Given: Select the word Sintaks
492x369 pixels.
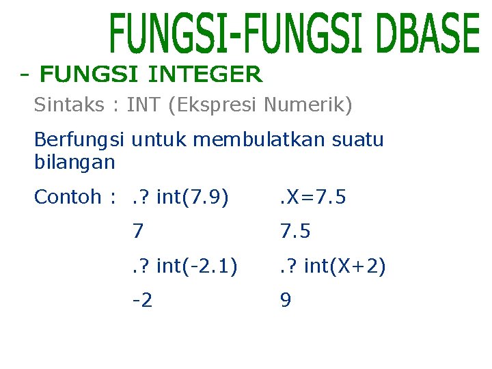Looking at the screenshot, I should [x=69, y=105].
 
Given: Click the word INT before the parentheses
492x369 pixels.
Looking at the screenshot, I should [x=142, y=105].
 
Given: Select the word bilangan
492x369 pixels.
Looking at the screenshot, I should [x=74, y=163].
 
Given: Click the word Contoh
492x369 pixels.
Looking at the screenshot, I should [x=67, y=197].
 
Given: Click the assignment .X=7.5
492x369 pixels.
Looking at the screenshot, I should [x=312, y=197].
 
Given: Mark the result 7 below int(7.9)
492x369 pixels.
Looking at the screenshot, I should [x=139, y=232].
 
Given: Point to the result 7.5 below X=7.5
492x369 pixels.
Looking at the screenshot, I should [x=295, y=232].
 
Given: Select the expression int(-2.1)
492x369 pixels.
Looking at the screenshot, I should [x=197, y=266].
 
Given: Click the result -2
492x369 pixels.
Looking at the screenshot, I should [x=143, y=301].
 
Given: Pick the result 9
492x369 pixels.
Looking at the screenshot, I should [x=285, y=301].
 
